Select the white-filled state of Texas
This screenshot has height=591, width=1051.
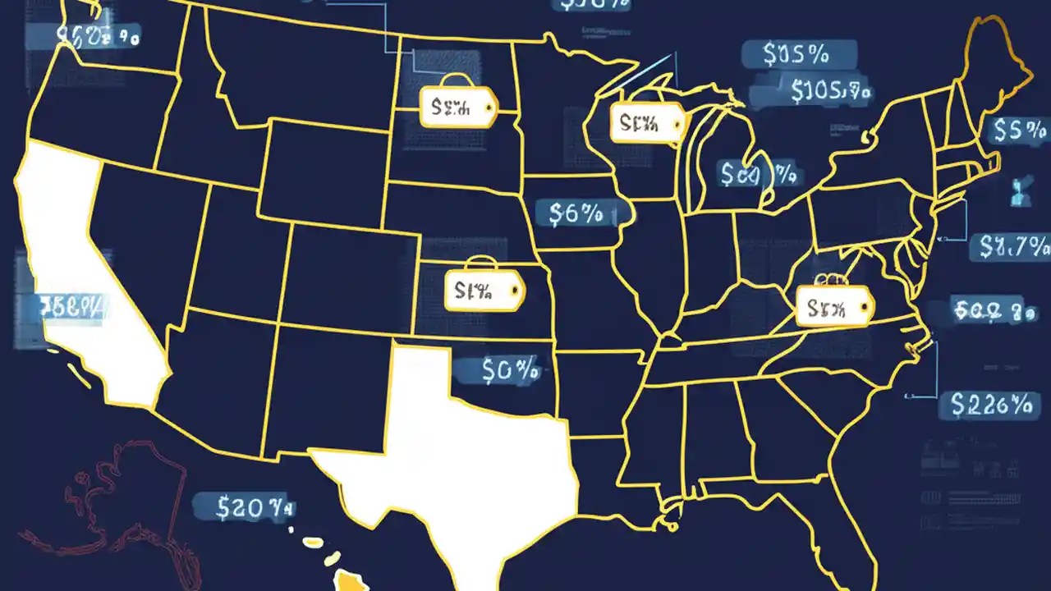(x=460, y=460)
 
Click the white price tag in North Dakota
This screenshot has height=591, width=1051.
(x=458, y=108)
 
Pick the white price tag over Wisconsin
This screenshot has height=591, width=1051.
(x=647, y=123)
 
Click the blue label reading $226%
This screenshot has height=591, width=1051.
(x=990, y=404)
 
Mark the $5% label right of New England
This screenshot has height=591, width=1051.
(x=1019, y=131)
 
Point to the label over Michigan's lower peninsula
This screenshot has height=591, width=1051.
(x=757, y=174)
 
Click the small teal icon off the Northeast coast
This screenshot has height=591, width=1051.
(x=1019, y=191)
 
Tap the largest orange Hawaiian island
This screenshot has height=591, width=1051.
(x=354, y=580)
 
